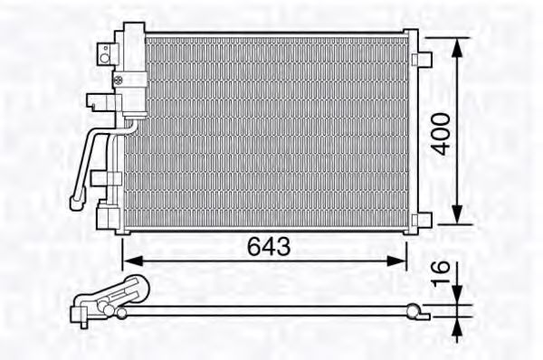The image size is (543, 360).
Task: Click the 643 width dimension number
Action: pos(268,246)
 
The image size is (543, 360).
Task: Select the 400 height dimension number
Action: pos(439,132)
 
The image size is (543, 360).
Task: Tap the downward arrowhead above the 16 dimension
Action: pos(462,295)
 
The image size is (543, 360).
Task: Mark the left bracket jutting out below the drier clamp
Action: pos(94,102)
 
